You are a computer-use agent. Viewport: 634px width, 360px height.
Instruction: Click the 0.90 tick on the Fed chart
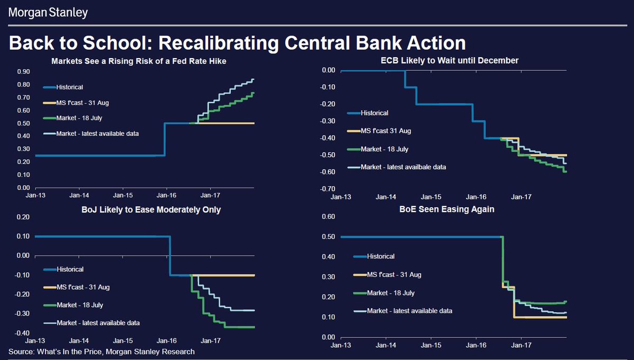[22, 72]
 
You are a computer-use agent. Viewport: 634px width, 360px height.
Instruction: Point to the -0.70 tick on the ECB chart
[328, 189]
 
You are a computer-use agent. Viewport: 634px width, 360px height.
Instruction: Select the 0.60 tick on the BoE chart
[329, 217]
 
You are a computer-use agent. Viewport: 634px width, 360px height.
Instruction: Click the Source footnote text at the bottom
[101, 352]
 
